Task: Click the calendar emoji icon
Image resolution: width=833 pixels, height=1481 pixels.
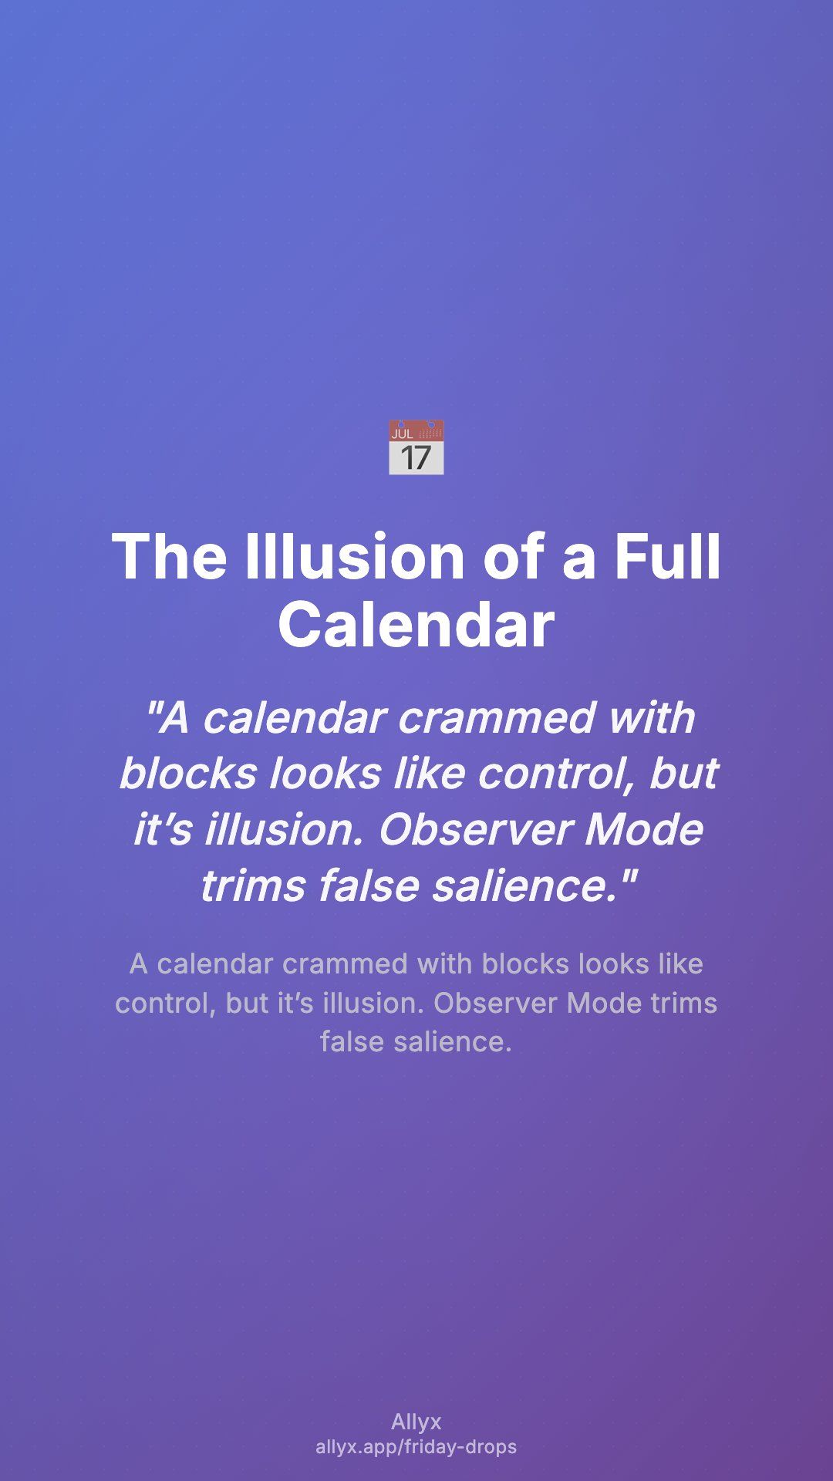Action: tap(416, 447)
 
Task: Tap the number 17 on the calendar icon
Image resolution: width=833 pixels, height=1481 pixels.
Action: tap(416, 458)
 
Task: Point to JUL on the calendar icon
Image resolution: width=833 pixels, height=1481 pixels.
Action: tap(402, 434)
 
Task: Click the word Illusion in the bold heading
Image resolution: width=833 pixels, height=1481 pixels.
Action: tap(355, 556)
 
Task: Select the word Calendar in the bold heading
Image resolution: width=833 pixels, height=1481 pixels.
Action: tap(416, 624)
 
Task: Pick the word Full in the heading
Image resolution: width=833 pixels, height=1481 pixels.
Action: tap(668, 556)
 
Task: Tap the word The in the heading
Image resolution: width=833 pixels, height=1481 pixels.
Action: tap(170, 556)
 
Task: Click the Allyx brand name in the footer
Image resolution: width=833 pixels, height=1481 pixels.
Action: tap(416, 1422)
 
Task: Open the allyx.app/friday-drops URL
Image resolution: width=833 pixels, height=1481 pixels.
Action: tap(416, 1446)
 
